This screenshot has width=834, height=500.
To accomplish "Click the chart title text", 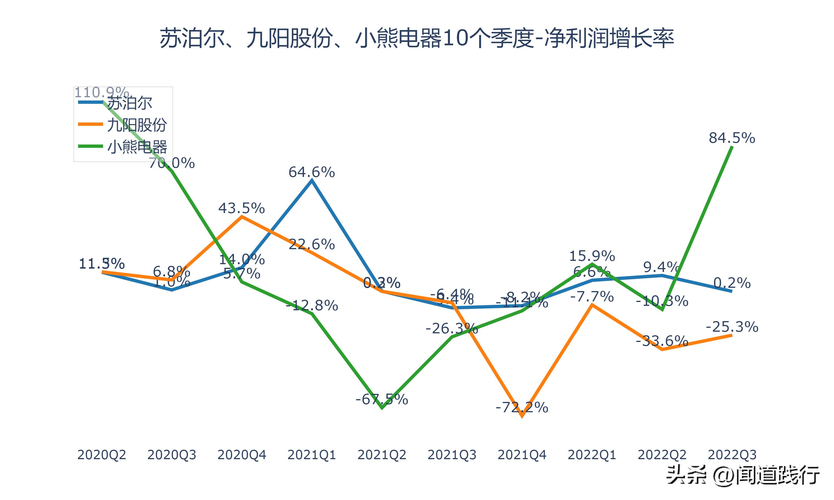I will coord(417,38).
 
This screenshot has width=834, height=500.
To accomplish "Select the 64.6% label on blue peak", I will coord(311,172).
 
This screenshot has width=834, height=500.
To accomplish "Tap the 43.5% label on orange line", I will coord(241,208).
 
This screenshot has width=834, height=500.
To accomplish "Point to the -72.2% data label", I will coord(522,407).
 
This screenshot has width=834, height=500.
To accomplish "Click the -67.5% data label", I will coord(382,399).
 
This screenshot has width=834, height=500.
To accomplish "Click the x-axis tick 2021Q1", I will coord(311,455).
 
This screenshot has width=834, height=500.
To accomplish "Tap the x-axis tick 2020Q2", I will coord(101,455).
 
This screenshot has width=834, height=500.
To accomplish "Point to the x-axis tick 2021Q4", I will coord(522,455).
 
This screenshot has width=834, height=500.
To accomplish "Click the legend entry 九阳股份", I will coord(137,125).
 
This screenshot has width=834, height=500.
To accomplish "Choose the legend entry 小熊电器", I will coord(137,147).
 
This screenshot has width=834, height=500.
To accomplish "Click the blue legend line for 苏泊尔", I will coord(90,102).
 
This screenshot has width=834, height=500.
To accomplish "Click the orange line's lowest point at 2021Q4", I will coord(522,416).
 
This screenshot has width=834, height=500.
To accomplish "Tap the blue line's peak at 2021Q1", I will coord(312,181).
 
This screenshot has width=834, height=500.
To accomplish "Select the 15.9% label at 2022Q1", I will coord(592,256).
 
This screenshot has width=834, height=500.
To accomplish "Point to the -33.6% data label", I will coord(662,341).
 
